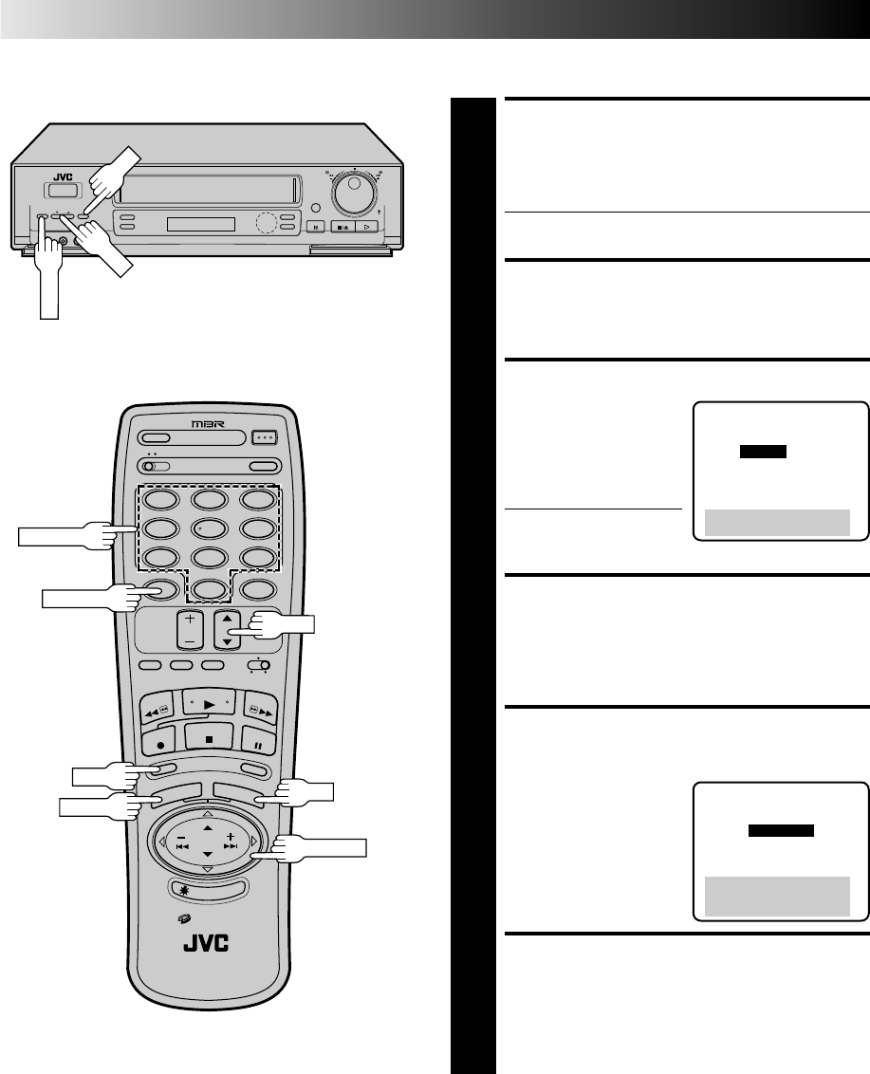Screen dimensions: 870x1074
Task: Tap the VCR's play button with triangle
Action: (x=368, y=227)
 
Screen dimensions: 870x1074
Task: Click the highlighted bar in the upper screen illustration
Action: (x=763, y=453)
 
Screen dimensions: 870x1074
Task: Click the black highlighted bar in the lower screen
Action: (x=781, y=830)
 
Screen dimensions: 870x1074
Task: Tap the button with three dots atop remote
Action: (x=265, y=437)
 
